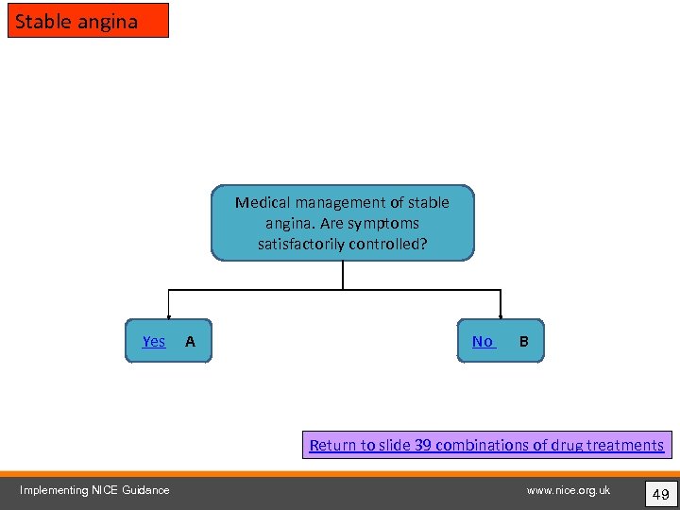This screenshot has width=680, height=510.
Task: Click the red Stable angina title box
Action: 88,21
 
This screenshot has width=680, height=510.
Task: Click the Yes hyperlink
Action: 154,341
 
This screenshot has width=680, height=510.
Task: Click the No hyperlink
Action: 483,341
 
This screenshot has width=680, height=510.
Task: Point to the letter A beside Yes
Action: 190,341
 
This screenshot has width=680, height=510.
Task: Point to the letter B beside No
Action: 524,341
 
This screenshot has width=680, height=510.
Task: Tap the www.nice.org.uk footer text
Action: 569,489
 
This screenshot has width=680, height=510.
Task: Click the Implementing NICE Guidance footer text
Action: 94,489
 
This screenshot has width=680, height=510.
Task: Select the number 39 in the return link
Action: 423,445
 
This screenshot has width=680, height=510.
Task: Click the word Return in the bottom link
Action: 331,445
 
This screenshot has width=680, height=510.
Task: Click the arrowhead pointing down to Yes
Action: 169,317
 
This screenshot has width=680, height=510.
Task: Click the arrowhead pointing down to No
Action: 501,317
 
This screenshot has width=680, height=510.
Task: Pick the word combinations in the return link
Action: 482,445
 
